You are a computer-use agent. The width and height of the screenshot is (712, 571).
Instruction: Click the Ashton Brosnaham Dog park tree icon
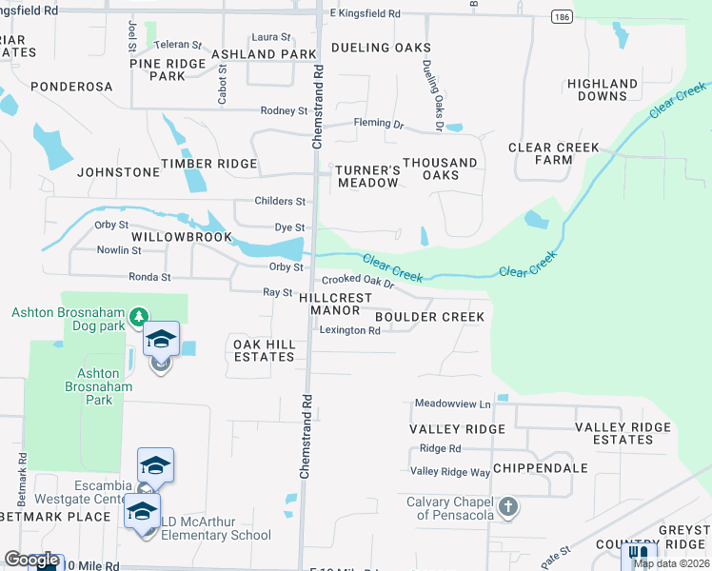pos(139,315)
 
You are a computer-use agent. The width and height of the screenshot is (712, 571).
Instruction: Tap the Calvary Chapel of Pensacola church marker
pos(508,505)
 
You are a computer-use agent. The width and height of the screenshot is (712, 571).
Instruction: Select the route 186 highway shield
pos(560,17)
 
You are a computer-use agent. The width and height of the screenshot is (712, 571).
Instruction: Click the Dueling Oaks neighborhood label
pos(381,48)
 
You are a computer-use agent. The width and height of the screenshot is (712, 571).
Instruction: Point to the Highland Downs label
pos(603,89)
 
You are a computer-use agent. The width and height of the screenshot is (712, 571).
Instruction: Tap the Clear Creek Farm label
pos(554,153)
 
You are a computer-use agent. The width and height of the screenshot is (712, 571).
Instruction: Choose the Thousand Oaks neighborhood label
pos(439,168)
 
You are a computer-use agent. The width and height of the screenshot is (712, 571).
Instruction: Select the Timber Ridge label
pos(208,164)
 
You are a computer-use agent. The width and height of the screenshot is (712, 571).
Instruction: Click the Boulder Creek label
pos(430,316)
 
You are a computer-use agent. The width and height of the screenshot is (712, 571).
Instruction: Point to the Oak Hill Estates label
pos(265,349)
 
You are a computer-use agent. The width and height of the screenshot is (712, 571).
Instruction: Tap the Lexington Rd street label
pos(349,330)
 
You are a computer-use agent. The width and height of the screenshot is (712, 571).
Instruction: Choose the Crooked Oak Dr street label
pos(357,282)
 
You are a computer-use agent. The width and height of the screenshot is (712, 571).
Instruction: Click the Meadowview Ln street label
pos(452,404)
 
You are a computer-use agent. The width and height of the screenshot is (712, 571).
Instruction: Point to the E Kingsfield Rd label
pos(365,14)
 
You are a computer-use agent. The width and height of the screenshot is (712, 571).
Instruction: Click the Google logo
pos(31,560)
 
